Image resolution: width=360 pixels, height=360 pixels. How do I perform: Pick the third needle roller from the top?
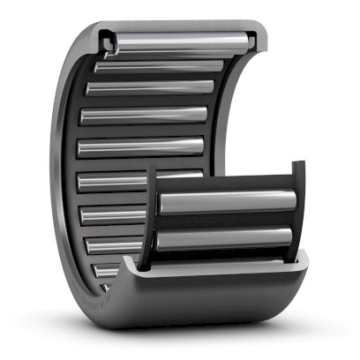click(x=150, y=87)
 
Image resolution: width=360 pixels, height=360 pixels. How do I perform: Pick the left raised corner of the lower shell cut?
click(x=132, y=262)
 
